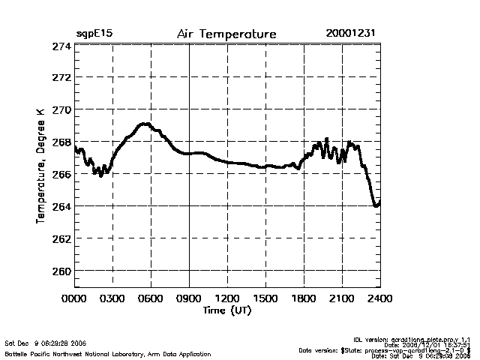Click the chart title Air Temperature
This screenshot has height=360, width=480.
coord(226,34)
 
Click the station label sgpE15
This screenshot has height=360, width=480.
coord(94,34)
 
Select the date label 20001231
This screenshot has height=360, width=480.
coord(352,34)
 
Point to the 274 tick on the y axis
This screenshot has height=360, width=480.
coord(61,46)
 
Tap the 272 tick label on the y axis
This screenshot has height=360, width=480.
coord(61,78)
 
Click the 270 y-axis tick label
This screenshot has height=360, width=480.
coord(61,110)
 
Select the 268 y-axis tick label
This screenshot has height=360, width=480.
coord(61,142)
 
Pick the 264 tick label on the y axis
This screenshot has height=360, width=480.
coord(61,206)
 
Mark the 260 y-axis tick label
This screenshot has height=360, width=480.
coord(61,271)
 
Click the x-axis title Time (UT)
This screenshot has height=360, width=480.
coord(226,310)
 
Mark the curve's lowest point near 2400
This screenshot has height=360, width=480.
coord(376,205)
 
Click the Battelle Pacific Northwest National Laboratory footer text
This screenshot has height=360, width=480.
coord(108,353)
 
